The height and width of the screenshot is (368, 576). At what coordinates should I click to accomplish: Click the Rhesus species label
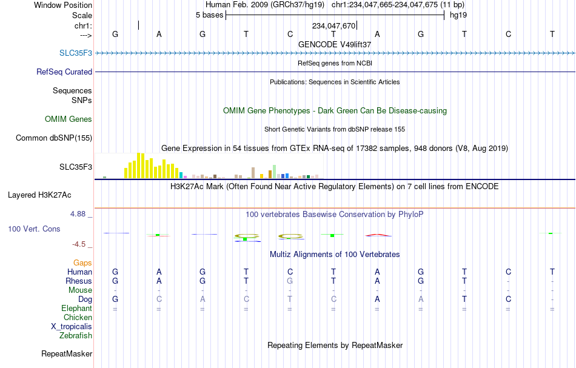pyautogui.click(x=79, y=281)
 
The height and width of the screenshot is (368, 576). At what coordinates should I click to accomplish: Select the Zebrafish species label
pyautogui.click(x=76, y=335)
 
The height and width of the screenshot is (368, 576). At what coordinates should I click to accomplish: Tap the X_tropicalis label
pyautogui.click(x=72, y=327)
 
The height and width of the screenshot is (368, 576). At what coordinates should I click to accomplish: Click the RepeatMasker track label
pyautogui.click(x=67, y=353)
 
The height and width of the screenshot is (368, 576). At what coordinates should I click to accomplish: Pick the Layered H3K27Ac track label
pyautogui.click(x=39, y=195)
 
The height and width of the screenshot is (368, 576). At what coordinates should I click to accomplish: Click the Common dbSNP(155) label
pyautogui.click(x=54, y=138)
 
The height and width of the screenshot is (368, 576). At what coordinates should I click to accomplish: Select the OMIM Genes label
pyautogui.click(x=69, y=119)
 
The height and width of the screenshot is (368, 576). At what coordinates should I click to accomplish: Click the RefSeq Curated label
pyautogui.click(x=64, y=72)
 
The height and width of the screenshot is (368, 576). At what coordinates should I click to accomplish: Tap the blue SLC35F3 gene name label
pyautogui.click(x=76, y=53)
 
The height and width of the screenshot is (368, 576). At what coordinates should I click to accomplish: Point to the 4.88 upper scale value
pyautogui.click(x=78, y=214)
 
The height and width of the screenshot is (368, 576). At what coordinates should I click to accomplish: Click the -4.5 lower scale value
pyautogui.click(x=79, y=244)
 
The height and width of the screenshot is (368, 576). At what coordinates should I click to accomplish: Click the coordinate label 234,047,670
pyautogui.click(x=333, y=25)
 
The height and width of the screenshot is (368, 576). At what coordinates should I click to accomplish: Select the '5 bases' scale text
pyautogui.click(x=209, y=15)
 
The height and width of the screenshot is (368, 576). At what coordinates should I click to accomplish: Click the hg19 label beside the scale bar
pyautogui.click(x=458, y=15)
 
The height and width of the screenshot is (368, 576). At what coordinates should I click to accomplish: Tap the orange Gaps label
pyautogui.click(x=82, y=263)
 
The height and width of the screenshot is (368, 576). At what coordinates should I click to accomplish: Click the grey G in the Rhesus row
pyautogui.click(x=290, y=281)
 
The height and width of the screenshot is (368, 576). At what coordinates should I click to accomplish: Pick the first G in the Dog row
pyautogui.click(x=115, y=299)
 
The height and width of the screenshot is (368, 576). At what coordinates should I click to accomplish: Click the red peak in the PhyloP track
pyautogui.click(x=378, y=235)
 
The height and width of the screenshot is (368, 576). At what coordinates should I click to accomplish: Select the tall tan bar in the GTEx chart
pyautogui.click(x=253, y=173)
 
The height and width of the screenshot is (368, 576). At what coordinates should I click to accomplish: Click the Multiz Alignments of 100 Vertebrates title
pyautogui.click(x=335, y=254)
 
